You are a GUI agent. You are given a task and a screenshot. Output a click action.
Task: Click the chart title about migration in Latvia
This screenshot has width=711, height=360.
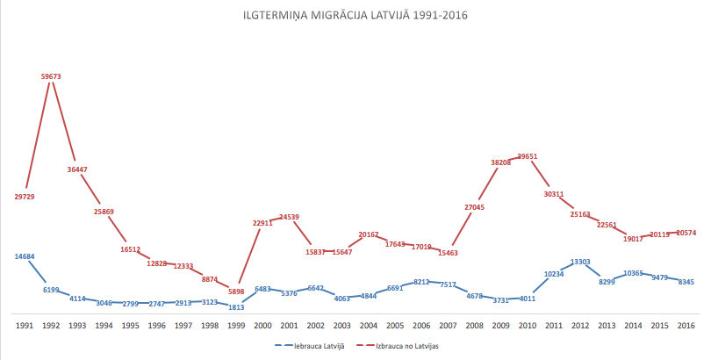[x=355, y=15]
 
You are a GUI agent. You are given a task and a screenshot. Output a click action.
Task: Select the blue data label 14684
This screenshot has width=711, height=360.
[x=25, y=256]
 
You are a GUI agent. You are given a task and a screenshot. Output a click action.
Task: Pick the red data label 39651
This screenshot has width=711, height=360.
[x=528, y=156]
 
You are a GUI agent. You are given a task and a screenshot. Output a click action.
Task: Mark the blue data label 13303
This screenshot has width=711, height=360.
[x=580, y=262]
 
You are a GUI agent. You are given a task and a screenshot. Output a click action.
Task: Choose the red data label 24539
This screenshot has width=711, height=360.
[x=290, y=216]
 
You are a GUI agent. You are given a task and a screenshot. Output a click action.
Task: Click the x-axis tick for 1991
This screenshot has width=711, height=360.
[x=25, y=326]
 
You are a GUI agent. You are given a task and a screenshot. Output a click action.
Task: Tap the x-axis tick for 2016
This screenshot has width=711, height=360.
[x=686, y=326]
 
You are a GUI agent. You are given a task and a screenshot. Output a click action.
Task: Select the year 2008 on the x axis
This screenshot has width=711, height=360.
[x=474, y=326]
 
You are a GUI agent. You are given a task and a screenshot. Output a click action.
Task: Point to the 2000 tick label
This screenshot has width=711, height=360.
[x=262, y=326]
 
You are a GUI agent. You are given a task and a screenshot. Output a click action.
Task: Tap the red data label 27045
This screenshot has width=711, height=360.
[x=474, y=207]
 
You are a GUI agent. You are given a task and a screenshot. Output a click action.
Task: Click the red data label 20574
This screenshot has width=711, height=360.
[x=686, y=233]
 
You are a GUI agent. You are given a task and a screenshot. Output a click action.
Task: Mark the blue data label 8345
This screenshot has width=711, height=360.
[x=686, y=282]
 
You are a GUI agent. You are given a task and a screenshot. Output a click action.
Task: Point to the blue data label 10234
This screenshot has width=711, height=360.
[x=554, y=274]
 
